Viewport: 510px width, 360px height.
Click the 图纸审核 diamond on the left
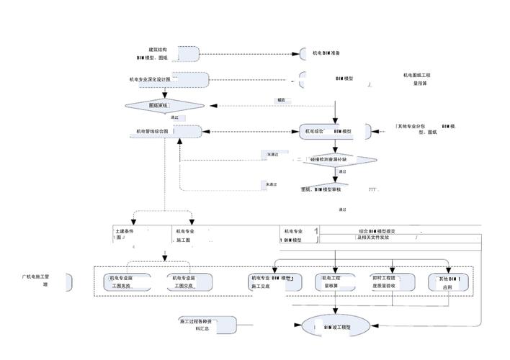point(165,106)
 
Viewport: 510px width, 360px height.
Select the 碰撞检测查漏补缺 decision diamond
point(339,160)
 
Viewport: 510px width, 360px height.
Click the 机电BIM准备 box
point(331,53)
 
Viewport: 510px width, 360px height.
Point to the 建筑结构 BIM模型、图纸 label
point(153,53)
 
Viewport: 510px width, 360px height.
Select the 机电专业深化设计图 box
point(169,79)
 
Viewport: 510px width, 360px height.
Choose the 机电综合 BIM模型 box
point(334,132)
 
